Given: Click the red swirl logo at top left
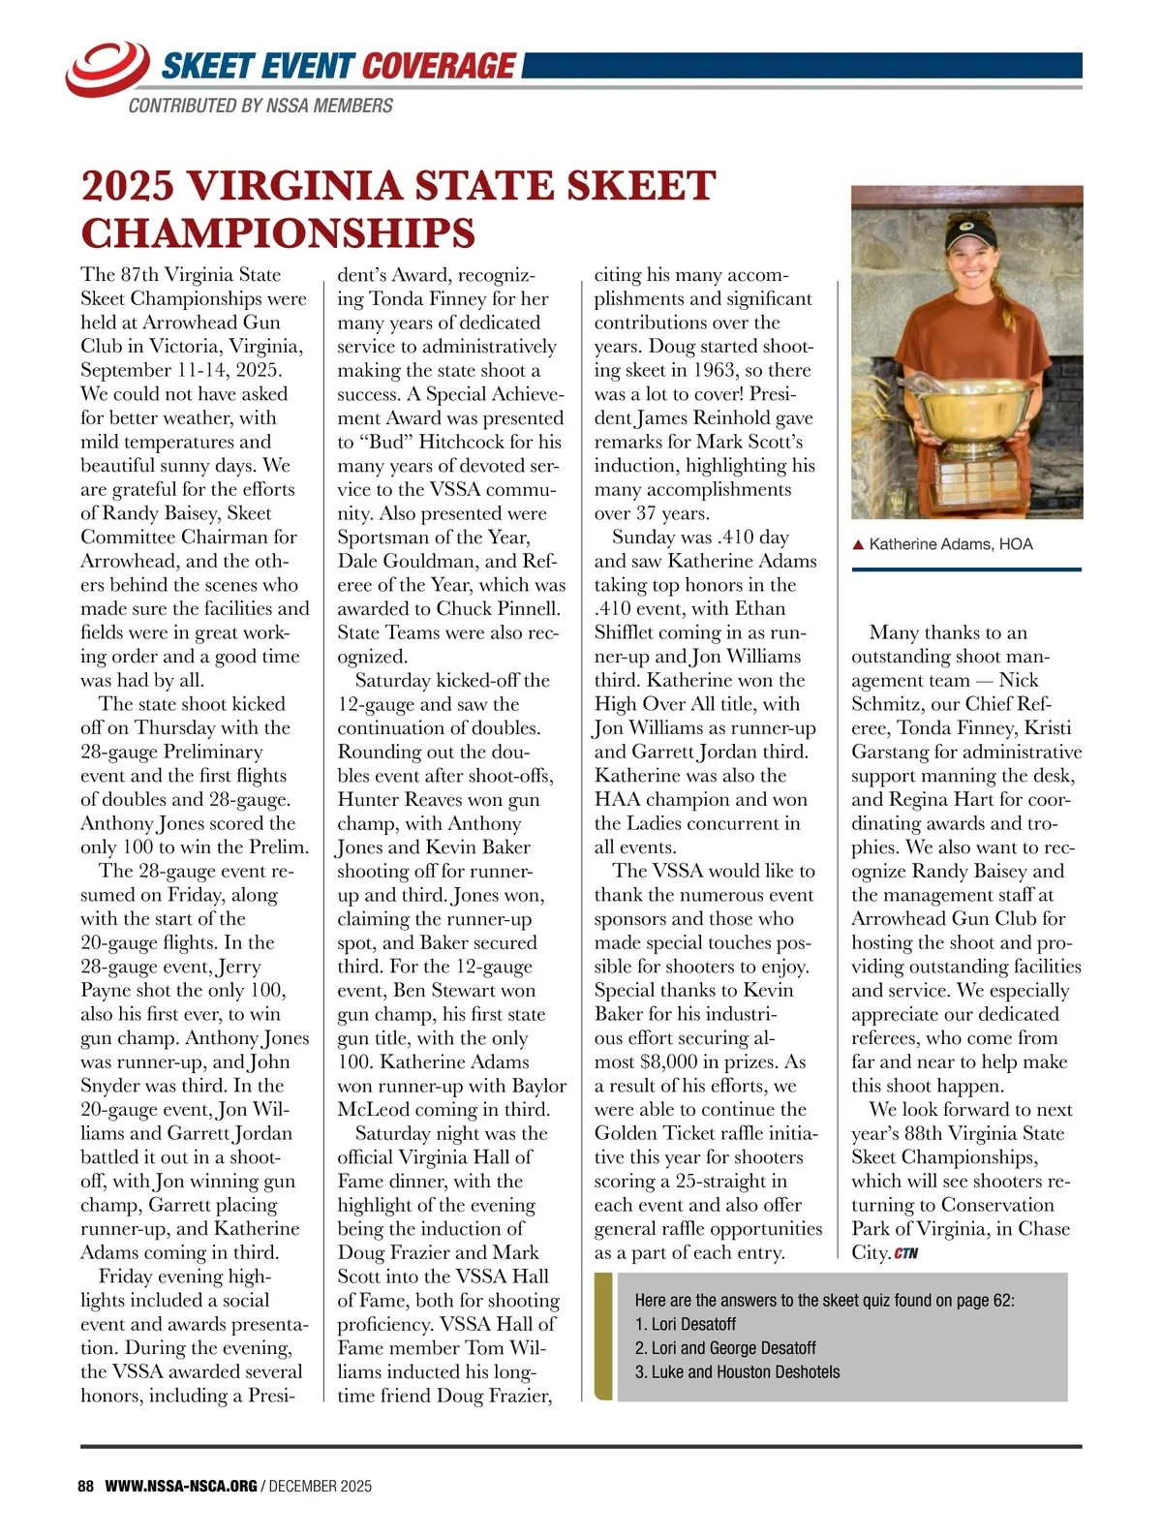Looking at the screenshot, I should [x=107, y=68].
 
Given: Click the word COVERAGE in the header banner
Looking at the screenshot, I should [x=439, y=66].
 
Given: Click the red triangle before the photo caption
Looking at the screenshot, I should [x=858, y=545].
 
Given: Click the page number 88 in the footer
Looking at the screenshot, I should [x=86, y=1486].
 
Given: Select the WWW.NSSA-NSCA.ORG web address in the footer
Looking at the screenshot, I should [x=181, y=1486].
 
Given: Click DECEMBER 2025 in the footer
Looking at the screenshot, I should [x=321, y=1486].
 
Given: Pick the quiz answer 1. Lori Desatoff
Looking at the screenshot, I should [x=686, y=1324].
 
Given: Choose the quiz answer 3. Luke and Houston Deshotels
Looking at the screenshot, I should [x=737, y=1371].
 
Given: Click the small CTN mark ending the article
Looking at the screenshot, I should [x=905, y=1253].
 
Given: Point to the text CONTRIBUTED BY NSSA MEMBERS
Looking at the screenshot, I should [x=260, y=106].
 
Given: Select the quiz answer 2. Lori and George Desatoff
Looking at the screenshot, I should [x=725, y=1348].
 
